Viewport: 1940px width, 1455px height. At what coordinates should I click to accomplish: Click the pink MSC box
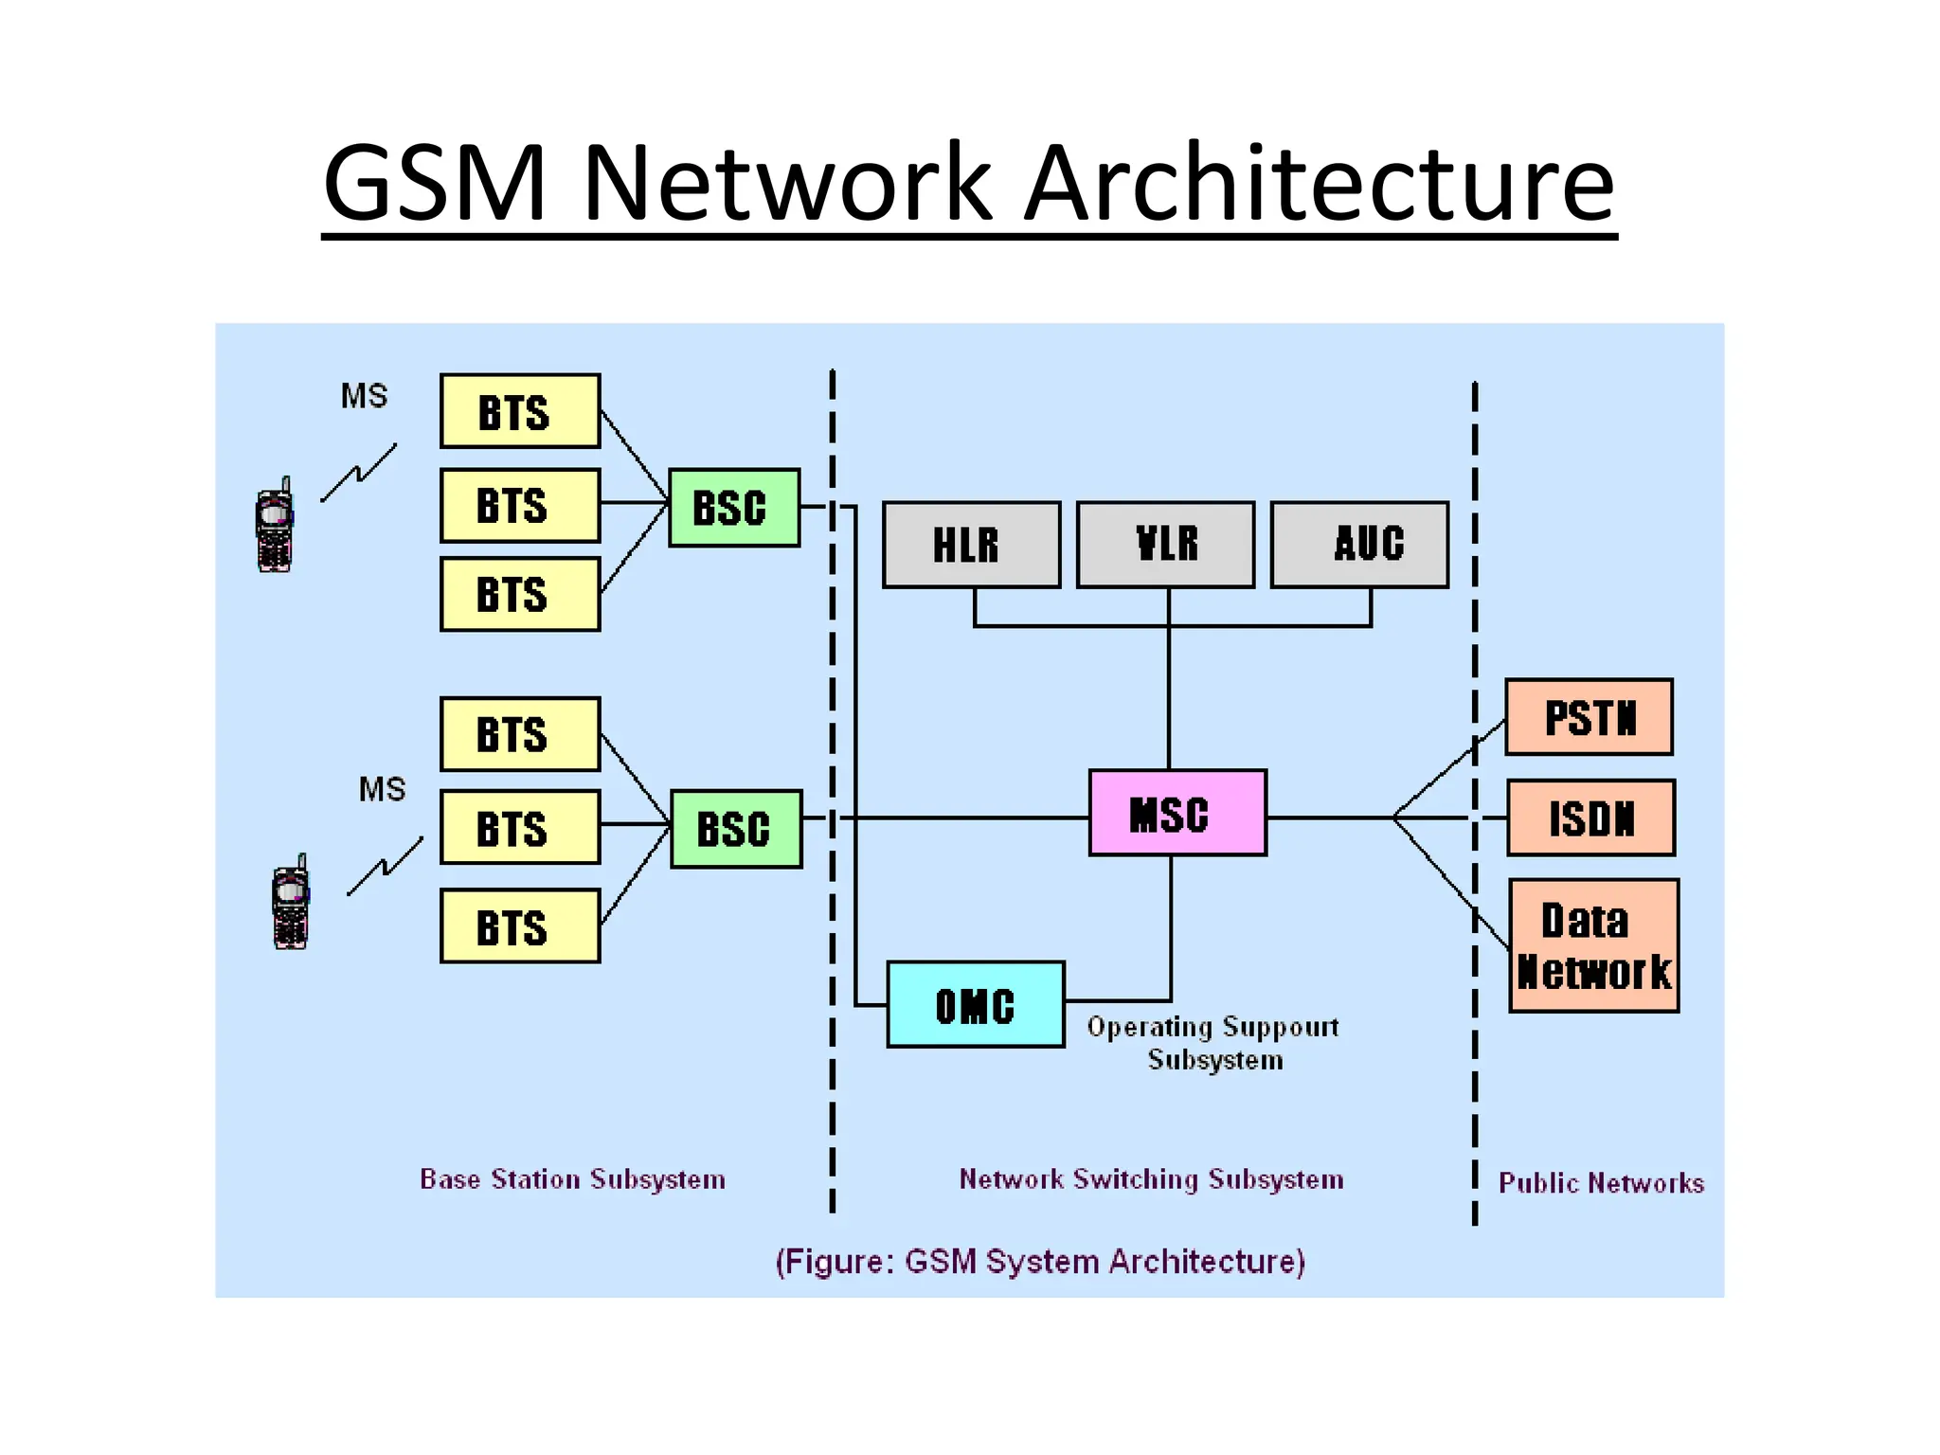tap(1177, 813)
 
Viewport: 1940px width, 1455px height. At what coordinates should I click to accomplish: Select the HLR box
tap(971, 545)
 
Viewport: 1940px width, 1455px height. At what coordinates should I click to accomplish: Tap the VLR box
tap(1165, 545)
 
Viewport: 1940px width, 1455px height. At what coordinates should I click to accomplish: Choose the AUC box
tap(1359, 545)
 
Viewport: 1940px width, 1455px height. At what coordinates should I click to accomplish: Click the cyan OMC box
tap(975, 1004)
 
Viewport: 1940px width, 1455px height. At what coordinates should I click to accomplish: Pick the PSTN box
tap(1589, 717)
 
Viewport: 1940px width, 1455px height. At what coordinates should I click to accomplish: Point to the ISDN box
tap(1590, 817)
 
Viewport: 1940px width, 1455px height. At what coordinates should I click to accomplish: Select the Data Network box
tap(1593, 945)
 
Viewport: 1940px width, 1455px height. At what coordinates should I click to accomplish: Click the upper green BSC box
tap(733, 508)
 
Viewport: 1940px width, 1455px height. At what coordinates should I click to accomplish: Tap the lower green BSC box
tap(736, 829)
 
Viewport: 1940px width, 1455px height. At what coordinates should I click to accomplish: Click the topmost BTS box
tap(520, 411)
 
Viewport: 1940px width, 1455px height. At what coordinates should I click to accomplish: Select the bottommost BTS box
tap(520, 925)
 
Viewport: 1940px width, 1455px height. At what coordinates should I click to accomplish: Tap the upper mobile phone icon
tap(275, 526)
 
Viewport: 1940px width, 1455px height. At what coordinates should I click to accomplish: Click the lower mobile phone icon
tap(291, 903)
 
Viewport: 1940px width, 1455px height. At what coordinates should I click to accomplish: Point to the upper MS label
tap(364, 396)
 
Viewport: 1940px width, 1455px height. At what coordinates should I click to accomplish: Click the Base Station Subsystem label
tap(572, 1179)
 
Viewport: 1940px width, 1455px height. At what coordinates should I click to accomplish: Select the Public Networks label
tap(1600, 1183)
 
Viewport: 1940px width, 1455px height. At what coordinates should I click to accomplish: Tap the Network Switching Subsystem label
tap(1151, 1179)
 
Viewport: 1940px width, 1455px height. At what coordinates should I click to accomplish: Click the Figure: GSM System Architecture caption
tap(1039, 1262)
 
